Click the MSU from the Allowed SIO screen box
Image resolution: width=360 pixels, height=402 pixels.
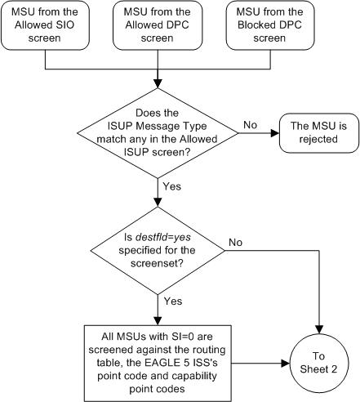click(49, 27)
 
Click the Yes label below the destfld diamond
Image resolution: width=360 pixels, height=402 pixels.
click(171, 301)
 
